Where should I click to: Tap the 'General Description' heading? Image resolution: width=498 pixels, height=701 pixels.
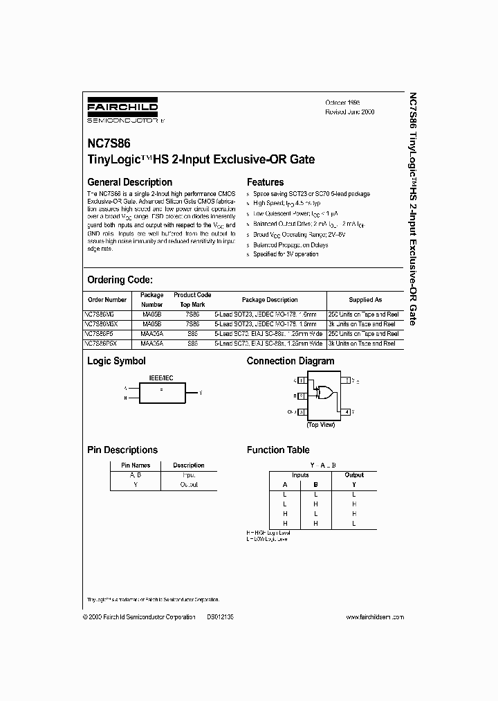[129, 183]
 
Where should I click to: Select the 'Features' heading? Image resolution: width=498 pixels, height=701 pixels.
[265, 183]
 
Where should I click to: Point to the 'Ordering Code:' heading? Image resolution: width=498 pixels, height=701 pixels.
[119, 280]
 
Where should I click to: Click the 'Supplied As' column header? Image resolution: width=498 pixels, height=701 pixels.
[365, 300]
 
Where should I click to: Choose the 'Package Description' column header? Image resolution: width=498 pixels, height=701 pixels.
[270, 300]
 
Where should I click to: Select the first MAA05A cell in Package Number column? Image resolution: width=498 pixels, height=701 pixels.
[151, 333]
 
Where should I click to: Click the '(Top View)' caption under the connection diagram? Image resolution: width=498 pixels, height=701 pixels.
[321, 424]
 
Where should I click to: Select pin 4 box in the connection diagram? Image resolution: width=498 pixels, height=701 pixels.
[347, 411]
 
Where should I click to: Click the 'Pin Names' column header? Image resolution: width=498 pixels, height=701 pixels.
[136, 465]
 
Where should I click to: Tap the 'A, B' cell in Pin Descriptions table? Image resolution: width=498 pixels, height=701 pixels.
[136, 475]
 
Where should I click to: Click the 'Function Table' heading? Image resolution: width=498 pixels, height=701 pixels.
[278, 450]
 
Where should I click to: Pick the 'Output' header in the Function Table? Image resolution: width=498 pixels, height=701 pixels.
[353, 475]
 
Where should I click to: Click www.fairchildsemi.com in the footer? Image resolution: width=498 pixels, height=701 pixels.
[373, 616]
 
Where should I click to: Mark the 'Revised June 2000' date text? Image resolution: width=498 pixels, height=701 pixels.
[349, 112]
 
